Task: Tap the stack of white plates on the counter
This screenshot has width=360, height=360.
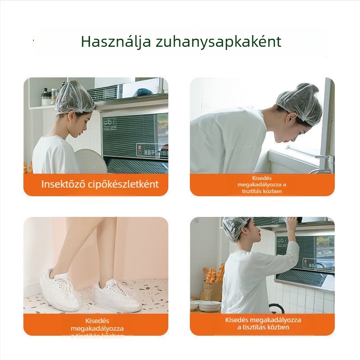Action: (x=209, y=306)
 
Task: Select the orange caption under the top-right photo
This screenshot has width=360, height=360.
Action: (x=262, y=185)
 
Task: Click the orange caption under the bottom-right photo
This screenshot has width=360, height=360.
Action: (x=262, y=324)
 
